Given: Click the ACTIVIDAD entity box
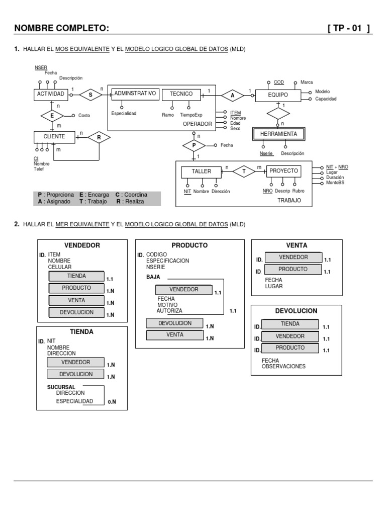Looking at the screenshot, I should (x=51, y=94).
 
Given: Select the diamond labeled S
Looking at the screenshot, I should (x=90, y=94).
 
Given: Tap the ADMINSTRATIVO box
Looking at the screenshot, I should (x=135, y=94).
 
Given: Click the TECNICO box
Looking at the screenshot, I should (x=181, y=94).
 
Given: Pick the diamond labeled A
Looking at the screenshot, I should (x=232, y=95).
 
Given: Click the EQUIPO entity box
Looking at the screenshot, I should (x=278, y=95).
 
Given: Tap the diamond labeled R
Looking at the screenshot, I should (x=99, y=137).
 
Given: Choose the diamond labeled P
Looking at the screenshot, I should (x=195, y=145).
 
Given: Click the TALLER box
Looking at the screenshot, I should (x=201, y=171).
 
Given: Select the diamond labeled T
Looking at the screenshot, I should (x=244, y=171).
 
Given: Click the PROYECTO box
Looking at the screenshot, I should (x=283, y=171).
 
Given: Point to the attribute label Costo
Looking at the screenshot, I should (x=84, y=116).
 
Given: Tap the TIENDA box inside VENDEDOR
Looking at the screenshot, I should (x=76, y=276).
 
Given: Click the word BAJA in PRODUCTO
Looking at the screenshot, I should (x=153, y=277).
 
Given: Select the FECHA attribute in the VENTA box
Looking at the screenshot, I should (x=273, y=280).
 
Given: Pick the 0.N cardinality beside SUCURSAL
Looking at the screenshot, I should (x=111, y=402).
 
